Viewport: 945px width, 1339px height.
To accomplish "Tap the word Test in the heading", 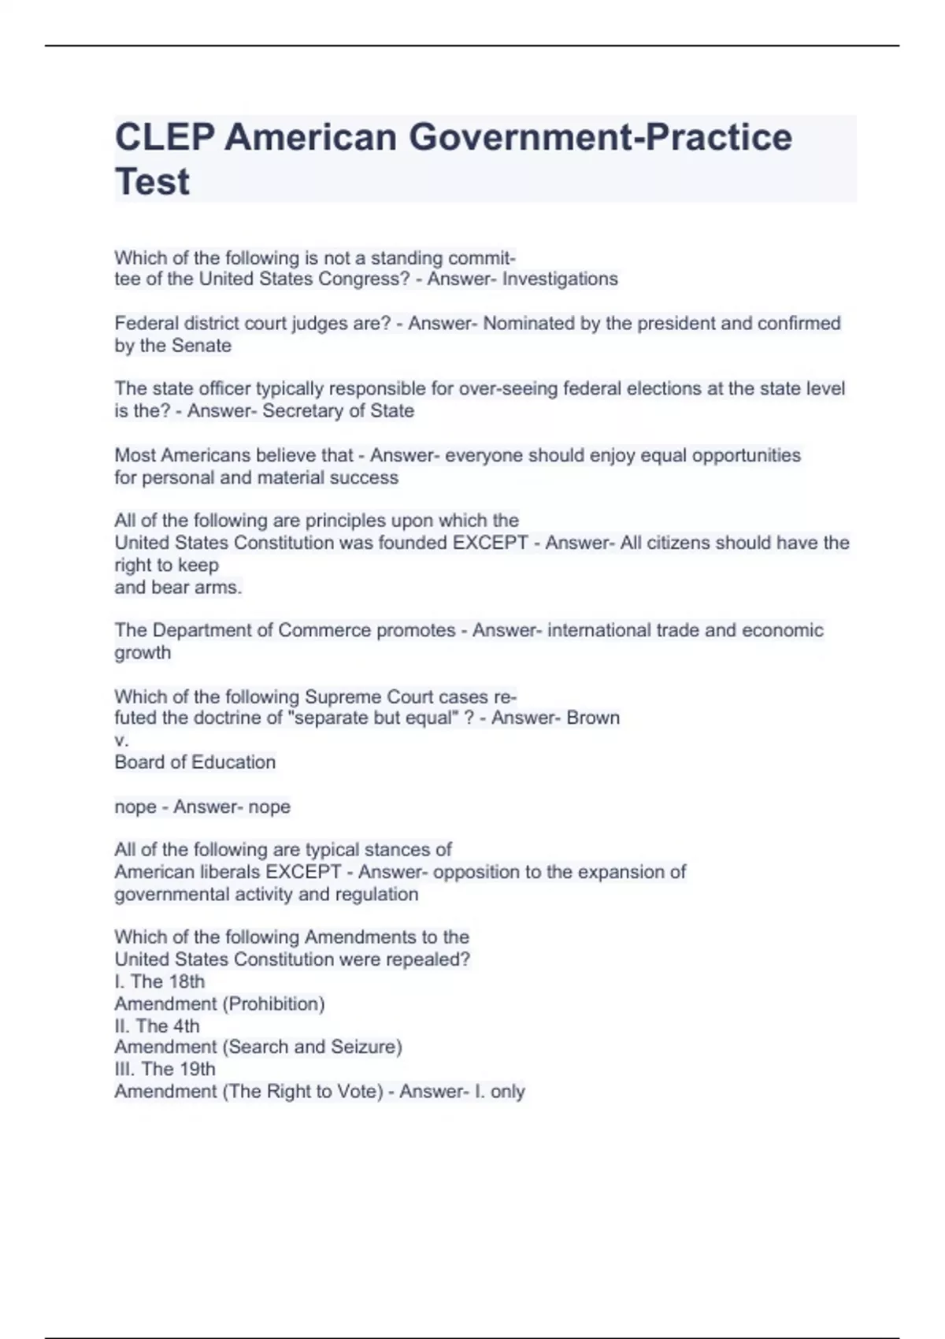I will [x=152, y=182].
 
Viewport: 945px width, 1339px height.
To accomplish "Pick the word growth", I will [x=143, y=652].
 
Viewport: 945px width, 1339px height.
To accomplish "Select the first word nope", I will [x=135, y=807].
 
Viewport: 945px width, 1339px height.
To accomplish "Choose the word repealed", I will [x=432, y=959].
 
